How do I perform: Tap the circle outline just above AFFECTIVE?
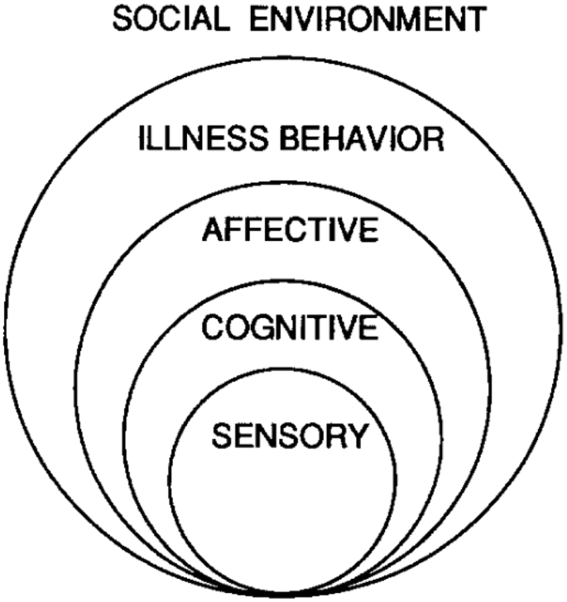pyautogui.click(x=284, y=182)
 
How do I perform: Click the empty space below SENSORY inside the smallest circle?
pyautogui.click(x=284, y=513)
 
